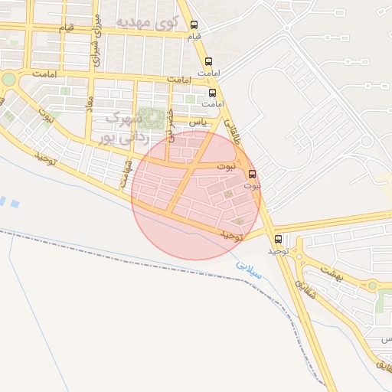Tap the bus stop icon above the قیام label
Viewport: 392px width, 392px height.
tap(194, 24)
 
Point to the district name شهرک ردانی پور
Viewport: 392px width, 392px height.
tap(121, 128)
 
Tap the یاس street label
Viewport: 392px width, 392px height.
tap(198, 122)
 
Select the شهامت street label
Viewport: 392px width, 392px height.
tap(125, 173)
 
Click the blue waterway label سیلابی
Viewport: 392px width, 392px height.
tap(248, 269)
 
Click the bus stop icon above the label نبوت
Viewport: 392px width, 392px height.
tap(253, 173)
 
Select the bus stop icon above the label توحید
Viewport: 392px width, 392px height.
tap(278, 238)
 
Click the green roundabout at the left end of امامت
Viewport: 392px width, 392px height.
tap(8, 79)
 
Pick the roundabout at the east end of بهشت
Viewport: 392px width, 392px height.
tap(372, 286)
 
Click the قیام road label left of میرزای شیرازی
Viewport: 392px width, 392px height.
tap(67, 28)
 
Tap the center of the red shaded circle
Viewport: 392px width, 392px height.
tap(196, 195)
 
